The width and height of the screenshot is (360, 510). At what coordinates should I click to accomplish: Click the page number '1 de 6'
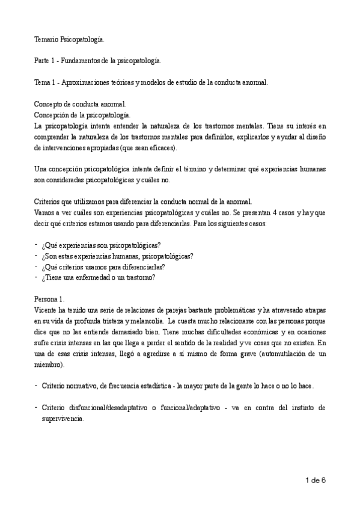coord(315,480)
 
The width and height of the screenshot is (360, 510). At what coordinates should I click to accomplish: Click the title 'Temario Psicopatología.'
coord(69,40)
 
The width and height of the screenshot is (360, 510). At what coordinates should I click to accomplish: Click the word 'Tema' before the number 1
coord(42,82)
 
